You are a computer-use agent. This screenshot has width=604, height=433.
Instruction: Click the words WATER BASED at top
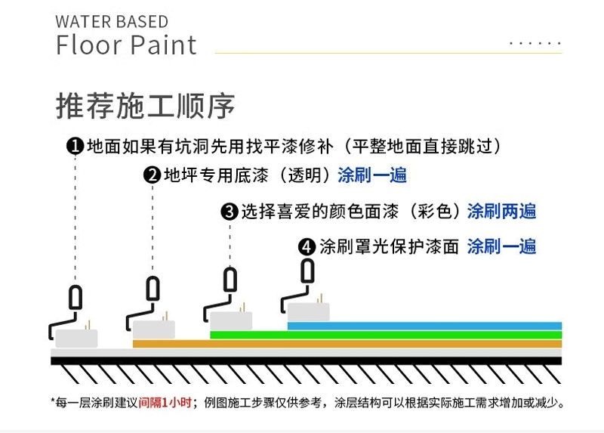pyautogui.click(x=112, y=21)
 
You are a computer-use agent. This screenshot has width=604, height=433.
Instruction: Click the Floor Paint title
pyautogui.click(x=126, y=45)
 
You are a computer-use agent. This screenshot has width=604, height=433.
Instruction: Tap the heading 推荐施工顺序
pyautogui.click(x=145, y=106)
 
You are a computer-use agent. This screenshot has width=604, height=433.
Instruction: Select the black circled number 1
pyautogui.click(x=75, y=146)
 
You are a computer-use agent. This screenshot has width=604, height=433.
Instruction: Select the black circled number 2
pyautogui.click(x=153, y=176)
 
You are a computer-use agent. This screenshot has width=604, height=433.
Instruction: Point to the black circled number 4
pyautogui.click(x=307, y=247)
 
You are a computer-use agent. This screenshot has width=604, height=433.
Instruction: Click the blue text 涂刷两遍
pyautogui.click(x=501, y=211)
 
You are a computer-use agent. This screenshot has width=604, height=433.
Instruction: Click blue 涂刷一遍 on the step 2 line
pyautogui.click(x=372, y=175)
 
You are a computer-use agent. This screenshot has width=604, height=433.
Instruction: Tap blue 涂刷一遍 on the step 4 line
pyautogui.click(x=501, y=246)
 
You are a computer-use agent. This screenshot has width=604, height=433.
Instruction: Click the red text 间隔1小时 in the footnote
pyautogui.click(x=165, y=402)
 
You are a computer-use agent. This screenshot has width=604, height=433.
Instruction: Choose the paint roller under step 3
pyautogui.click(x=229, y=302)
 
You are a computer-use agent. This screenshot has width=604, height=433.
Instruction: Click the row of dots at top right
pyautogui.click(x=535, y=45)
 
